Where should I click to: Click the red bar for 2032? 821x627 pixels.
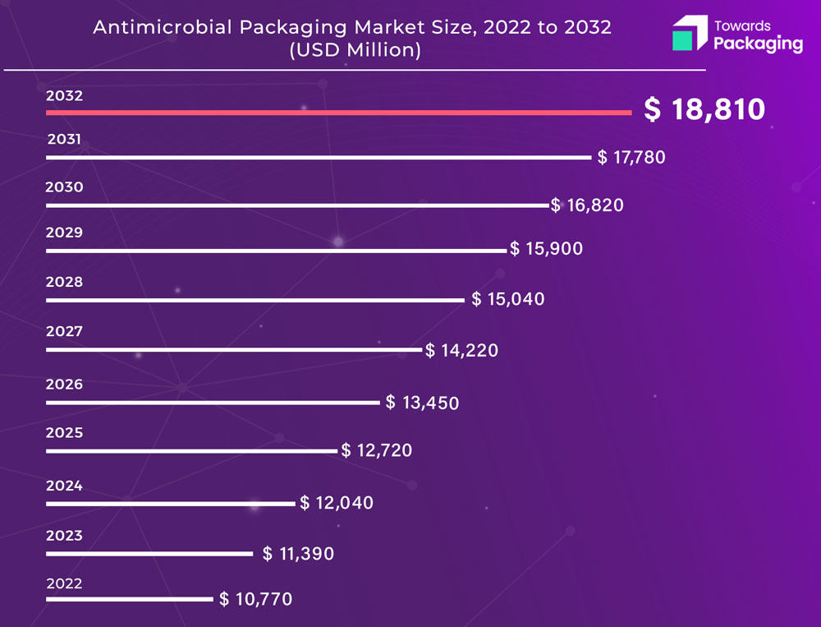(339, 113)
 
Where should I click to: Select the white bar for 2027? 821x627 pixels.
(234, 350)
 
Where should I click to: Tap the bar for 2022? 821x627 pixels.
(130, 599)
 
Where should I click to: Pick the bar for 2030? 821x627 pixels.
(298, 205)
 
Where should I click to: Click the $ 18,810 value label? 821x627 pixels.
(704, 109)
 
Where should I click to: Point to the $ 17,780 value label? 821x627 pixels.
(631, 157)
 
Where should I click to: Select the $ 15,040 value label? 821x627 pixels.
(508, 299)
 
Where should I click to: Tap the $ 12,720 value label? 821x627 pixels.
(377, 450)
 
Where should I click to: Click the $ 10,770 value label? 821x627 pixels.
(255, 599)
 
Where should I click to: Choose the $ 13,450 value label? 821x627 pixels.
(422, 403)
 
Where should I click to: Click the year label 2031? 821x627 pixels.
(64, 139)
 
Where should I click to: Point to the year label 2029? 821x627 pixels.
(64, 233)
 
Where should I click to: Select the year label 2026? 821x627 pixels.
(64, 385)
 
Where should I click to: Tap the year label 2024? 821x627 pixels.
(64, 486)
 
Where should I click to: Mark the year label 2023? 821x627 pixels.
(64, 535)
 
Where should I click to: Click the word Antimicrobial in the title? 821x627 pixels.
(163, 27)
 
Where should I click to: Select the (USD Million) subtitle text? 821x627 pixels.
(355, 50)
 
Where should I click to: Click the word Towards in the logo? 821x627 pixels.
(742, 25)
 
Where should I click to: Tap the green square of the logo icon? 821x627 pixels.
(682, 40)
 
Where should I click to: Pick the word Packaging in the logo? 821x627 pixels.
(758, 44)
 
